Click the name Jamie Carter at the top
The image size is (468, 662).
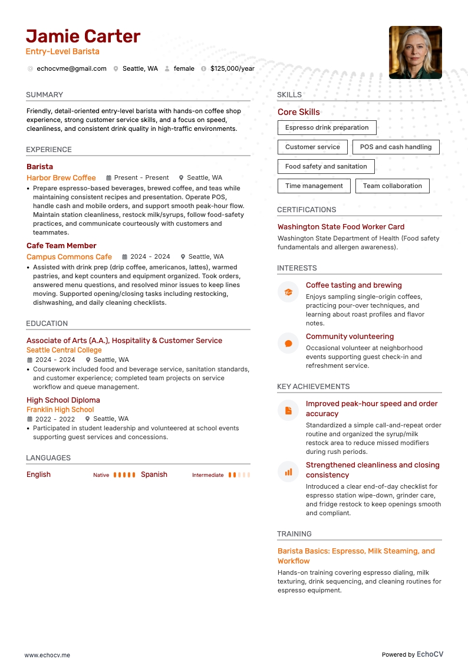[x=83, y=36]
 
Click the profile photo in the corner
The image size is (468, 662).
[x=415, y=52]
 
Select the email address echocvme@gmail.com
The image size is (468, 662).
[x=71, y=68]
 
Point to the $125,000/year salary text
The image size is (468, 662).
[x=232, y=68]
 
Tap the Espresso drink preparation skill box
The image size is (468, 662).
[x=327, y=127]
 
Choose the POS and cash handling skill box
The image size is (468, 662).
[x=396, y=147]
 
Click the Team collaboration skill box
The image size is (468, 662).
[x=392, y=186]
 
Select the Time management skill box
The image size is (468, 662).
[x=314, y=186]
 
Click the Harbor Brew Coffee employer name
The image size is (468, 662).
[x=61, y=177]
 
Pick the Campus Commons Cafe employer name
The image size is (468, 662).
[x=69, y=256]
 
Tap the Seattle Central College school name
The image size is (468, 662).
[x=64, y=350]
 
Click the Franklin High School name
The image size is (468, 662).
[x=60, y=410]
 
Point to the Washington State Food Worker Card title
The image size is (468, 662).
[x=341, y=226]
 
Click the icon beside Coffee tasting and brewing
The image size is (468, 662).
[x=288, y=292]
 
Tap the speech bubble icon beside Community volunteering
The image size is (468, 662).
[x=288, y=343]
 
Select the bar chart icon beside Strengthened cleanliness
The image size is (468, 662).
[x=288, y=472]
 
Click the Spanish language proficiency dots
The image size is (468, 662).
[x=239, y=475]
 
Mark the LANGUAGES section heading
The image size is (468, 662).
[x=48, y=458]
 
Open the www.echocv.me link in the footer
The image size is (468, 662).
[x=47, y=654]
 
